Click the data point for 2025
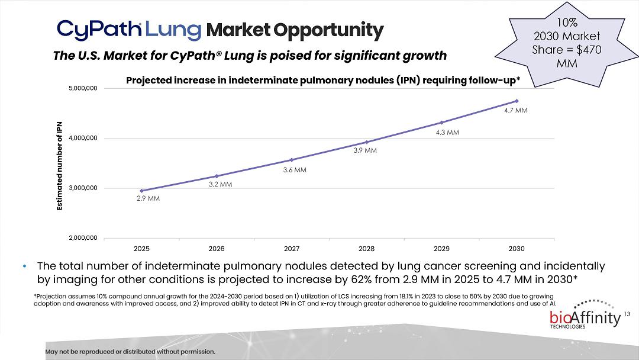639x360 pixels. tap(141, 191)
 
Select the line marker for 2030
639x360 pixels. tap(517, 101)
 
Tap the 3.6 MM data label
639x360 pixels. tap(294, 170)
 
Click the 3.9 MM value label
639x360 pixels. tap(365, 150)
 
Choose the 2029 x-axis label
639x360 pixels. tap(441, 249)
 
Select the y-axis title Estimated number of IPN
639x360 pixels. tap(59, 163)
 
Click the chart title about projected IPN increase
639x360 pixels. tap(323, 80)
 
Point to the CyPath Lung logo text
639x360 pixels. tap(129, 29)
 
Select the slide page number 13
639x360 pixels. tap(628, 313)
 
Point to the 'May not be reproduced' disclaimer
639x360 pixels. tap(130, 352)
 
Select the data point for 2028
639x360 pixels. tap(366, 142)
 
